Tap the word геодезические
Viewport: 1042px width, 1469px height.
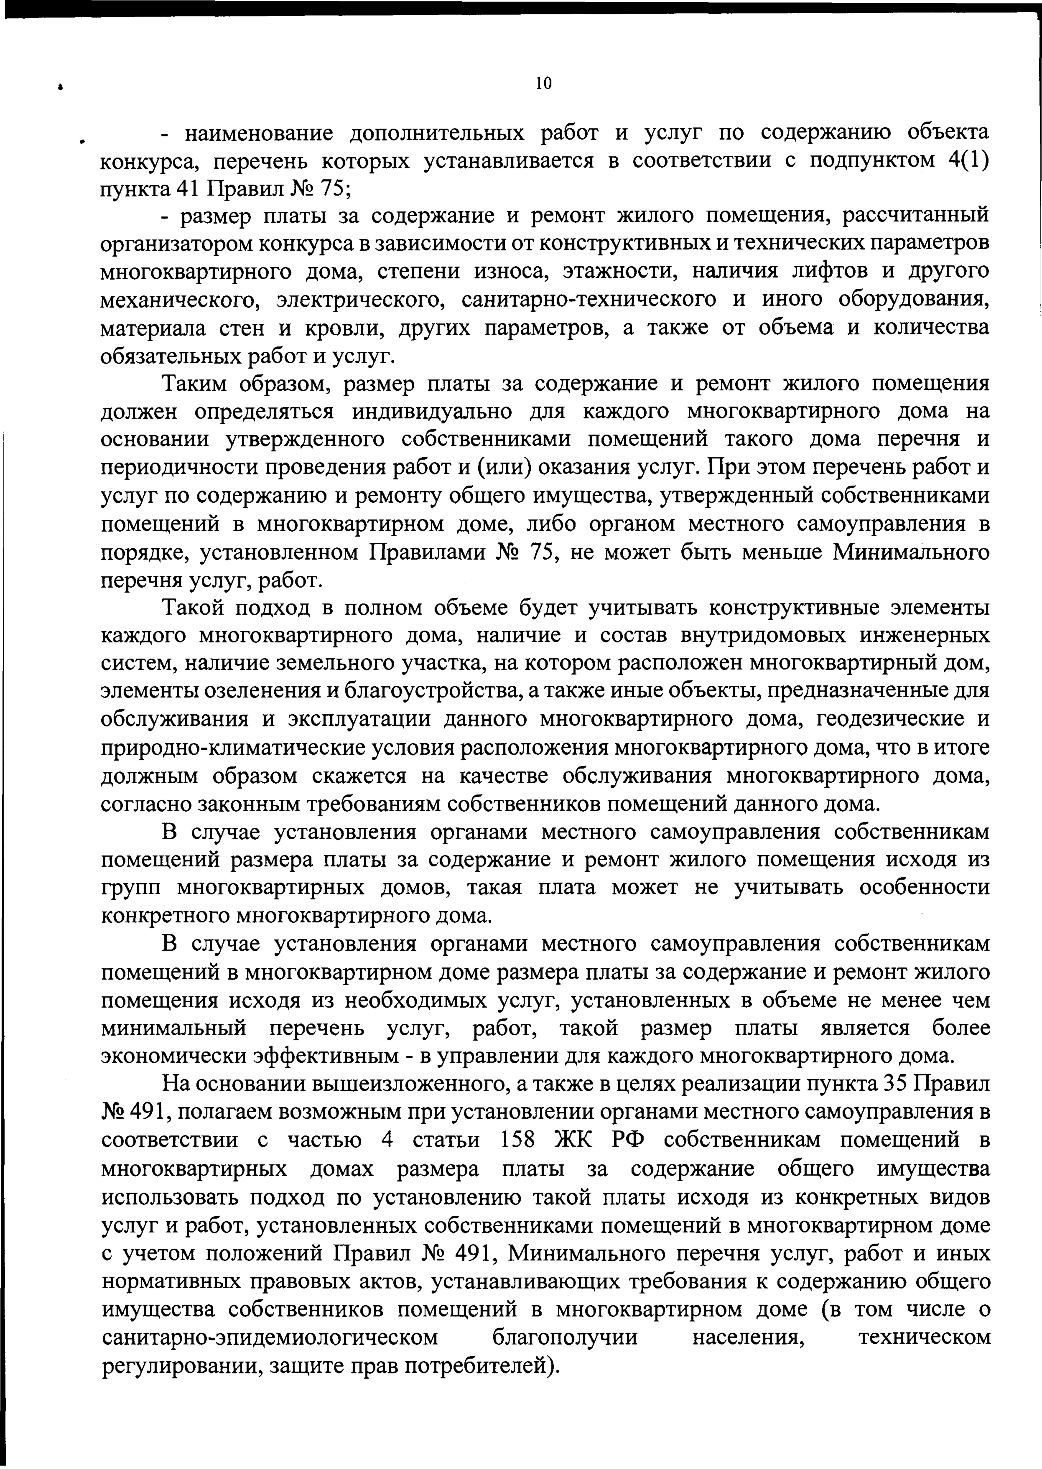tap(889, 720)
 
